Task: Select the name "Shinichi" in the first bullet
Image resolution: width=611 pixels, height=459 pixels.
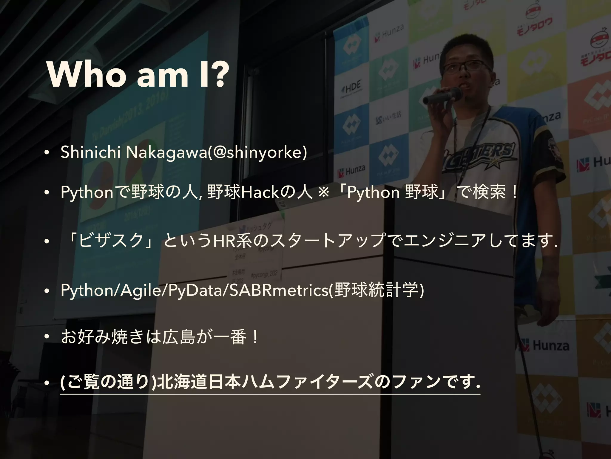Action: pos(90,153)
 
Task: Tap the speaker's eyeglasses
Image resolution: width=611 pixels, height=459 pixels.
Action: pos(467,66)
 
